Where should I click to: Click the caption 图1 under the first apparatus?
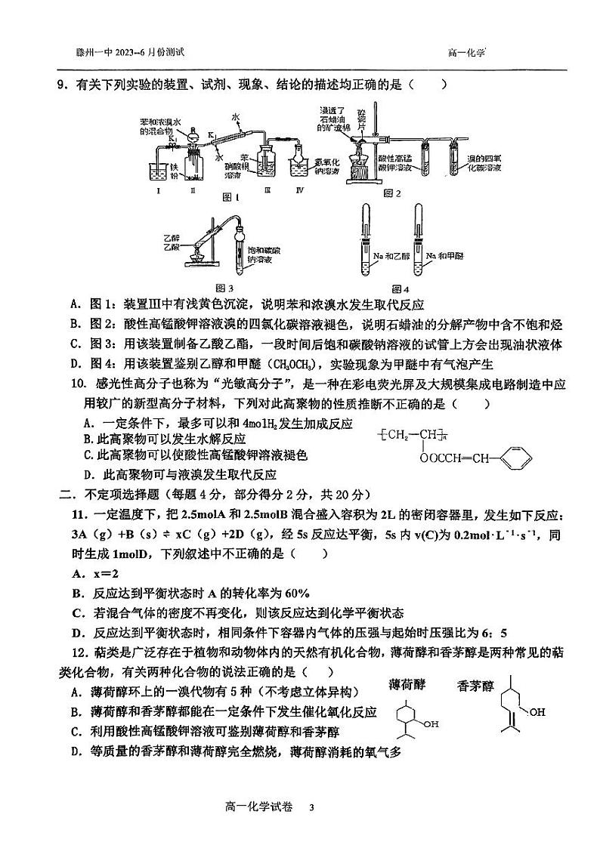coord(231,197)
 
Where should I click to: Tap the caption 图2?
coord(391,194)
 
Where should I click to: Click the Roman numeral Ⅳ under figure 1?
coord(300,190)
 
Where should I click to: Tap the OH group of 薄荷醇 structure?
coord(431,724)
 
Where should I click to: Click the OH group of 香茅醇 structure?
coord(537,711)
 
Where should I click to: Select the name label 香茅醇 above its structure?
coord(475,686)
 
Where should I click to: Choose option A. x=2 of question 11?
coord(101,573)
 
